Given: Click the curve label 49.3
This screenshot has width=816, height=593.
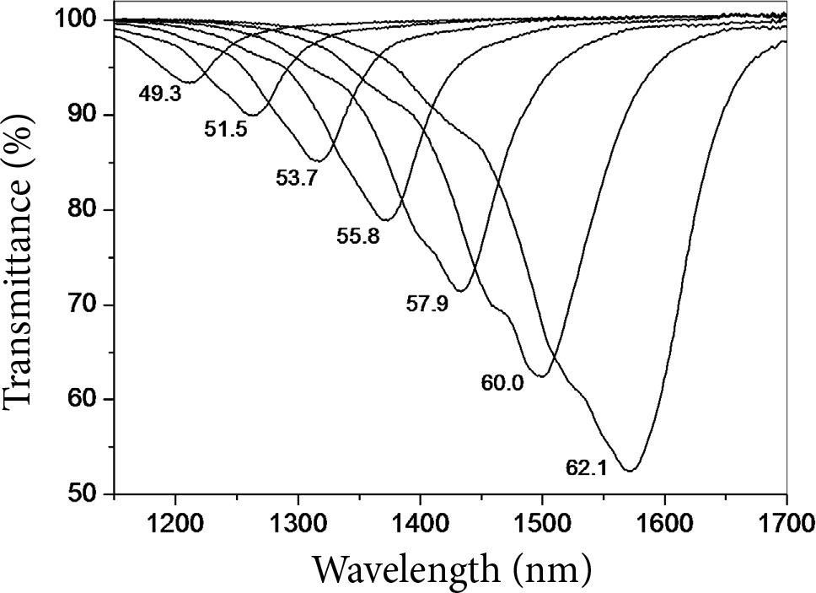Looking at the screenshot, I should (x=160, y=94).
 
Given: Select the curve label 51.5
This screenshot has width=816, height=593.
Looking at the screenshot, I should (x=225, y=130).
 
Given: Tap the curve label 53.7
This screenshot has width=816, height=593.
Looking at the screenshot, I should (x=295, y=178).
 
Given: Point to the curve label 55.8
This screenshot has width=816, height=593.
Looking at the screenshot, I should (x=357, y=237).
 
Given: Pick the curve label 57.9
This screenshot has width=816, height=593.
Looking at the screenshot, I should (x=427, y=304).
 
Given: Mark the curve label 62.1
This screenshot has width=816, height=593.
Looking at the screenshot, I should (x=586, y=466).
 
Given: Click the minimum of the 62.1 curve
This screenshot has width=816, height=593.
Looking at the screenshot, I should (x=630, y=470).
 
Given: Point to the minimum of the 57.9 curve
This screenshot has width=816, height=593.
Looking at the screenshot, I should (x=460, y=290).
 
